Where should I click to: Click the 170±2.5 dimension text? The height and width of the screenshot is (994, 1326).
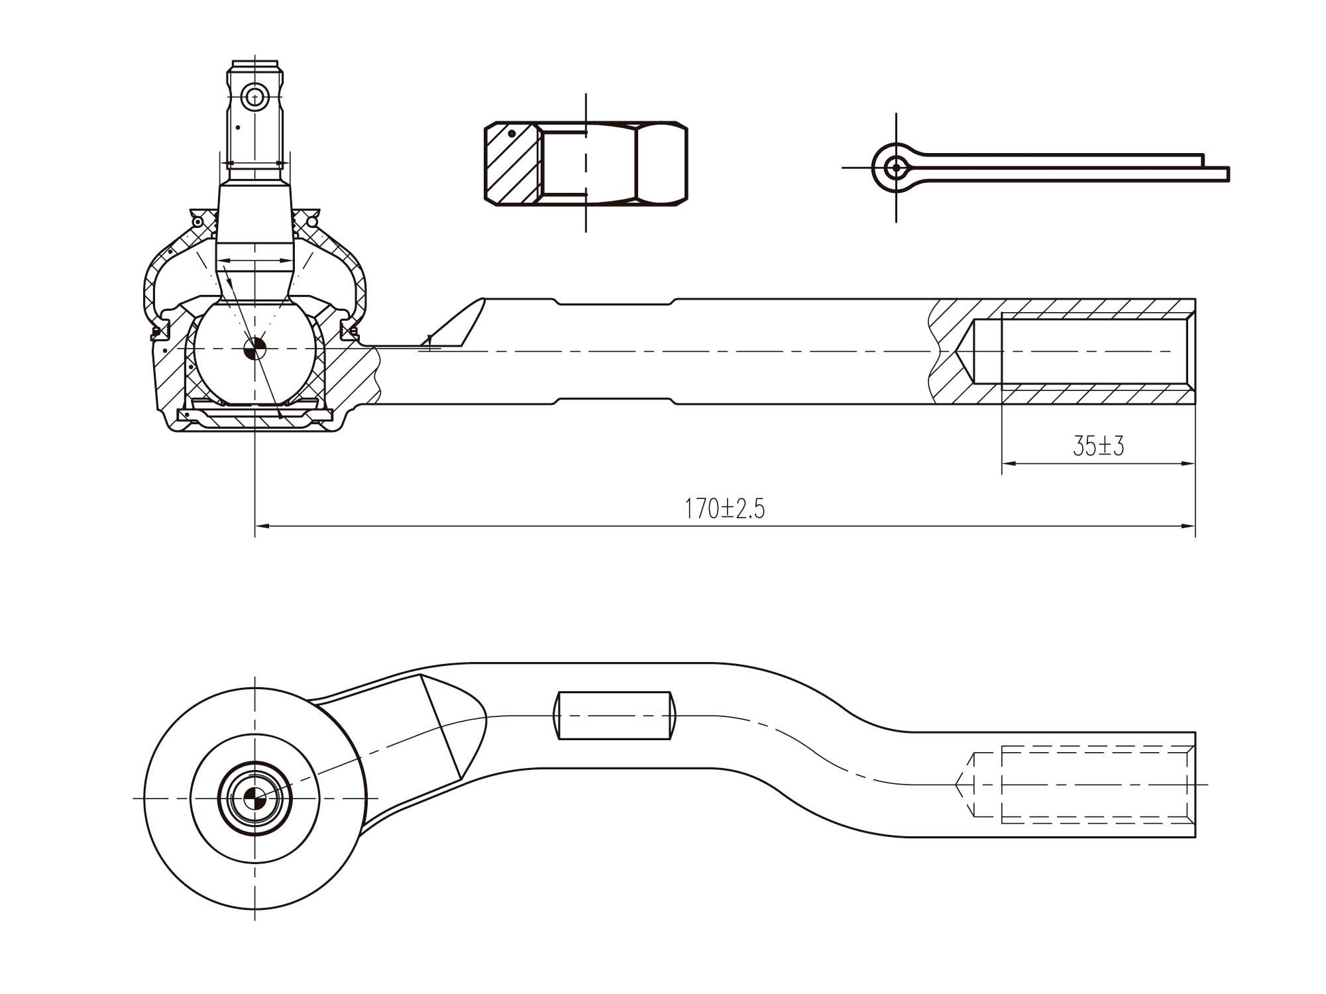click(x=724, y=509)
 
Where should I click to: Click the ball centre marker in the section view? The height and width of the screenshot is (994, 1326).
click(x=254, y=350)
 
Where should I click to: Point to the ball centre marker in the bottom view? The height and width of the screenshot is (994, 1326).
click(x=254, y=798)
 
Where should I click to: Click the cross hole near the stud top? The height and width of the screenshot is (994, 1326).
click(x=254, y=98)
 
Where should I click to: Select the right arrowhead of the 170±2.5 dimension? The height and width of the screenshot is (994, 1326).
click(x=1188, y=526)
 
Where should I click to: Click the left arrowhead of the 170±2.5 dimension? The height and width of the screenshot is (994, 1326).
click(x=262, y=526)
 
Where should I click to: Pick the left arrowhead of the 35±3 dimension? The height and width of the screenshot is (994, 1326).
click(x=1009, y=464)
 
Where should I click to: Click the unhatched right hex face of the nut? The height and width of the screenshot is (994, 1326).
click(x=661, y=162)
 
